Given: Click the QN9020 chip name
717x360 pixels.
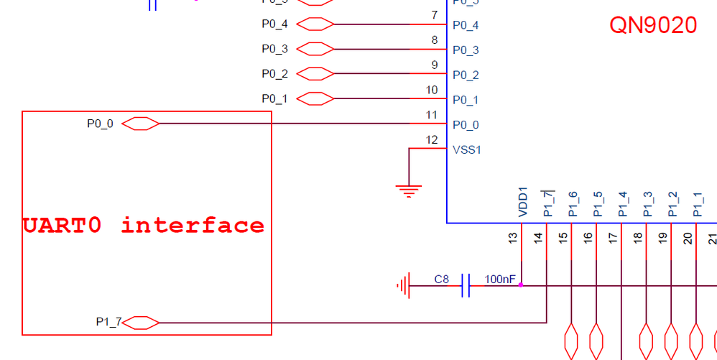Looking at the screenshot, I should pos(653,25).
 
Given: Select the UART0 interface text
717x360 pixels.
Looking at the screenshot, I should pos(144,226).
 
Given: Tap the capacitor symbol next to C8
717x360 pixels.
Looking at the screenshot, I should pos(466,285).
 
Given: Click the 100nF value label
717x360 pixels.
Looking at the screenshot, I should pos(500,279).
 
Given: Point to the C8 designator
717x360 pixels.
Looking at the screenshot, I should pos(442,279).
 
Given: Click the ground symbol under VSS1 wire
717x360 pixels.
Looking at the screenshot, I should pos(408,190).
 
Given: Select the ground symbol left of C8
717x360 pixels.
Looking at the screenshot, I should pos(403,285).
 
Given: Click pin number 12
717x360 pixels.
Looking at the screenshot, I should pos(431,139).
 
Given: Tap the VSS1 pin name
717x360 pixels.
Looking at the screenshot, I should pos(466,150).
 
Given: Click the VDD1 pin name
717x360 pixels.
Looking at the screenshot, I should pos(523,203).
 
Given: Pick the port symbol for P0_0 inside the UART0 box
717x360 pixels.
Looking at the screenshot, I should pos(140,124).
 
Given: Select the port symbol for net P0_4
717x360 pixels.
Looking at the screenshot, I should pos(315,24).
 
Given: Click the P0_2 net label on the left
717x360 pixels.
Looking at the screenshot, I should pos(274,73).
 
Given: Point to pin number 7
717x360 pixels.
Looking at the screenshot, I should pos(434,15).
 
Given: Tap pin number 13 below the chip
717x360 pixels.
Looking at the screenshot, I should pos(512,238).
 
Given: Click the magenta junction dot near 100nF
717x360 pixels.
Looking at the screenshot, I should pos(521,285).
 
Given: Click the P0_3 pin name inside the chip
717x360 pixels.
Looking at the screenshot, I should pos(466,50).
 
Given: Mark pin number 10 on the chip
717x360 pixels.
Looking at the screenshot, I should pos(431,90).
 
